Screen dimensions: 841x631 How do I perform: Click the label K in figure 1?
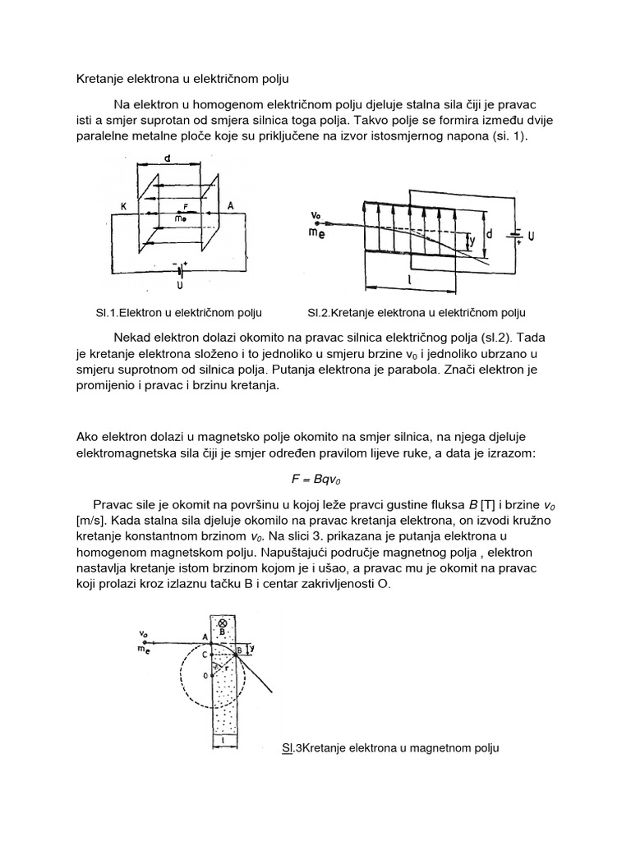pos(122,208)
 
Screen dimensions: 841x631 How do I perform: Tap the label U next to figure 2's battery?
pos(530,237)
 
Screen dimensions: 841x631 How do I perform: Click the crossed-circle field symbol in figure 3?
pos(222,623)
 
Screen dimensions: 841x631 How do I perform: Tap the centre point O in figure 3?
pos(206,675)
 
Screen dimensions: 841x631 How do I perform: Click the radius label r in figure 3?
pos(225,668)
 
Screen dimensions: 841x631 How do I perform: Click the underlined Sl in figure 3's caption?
pos(287,748)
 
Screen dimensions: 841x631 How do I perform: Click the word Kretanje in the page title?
pos(98,79)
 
